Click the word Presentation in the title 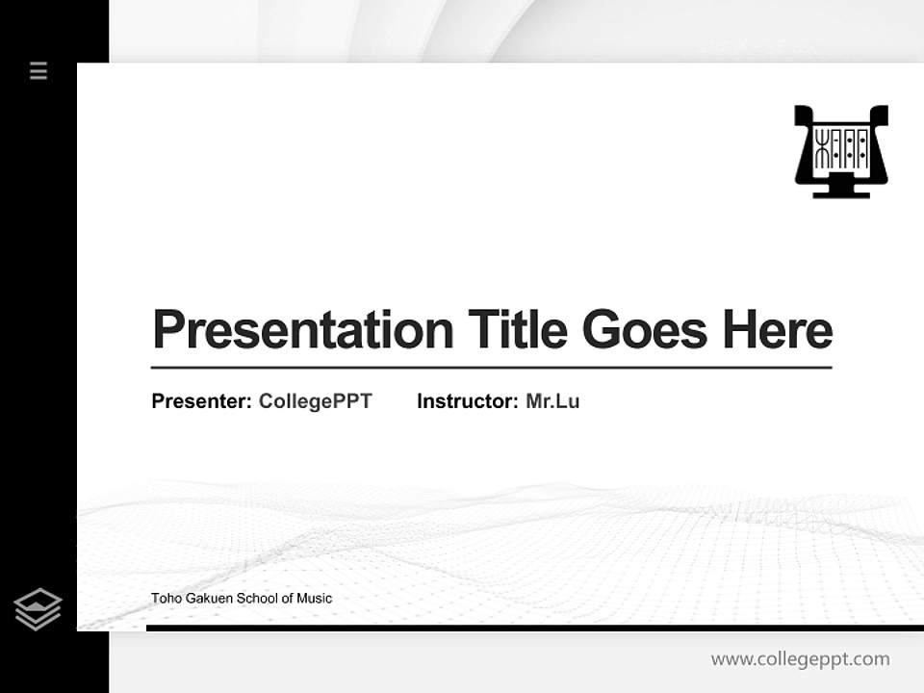[302, 330]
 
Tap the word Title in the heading [517, 330]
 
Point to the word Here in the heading [778, 330]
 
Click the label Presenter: [201, 401]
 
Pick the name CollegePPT [315, 401]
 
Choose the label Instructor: [467, 401]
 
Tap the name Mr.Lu [552, 401]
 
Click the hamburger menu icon [38, 70]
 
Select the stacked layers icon [38, 609]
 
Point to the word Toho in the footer [166, 599]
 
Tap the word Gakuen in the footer [210, 599]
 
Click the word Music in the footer [314, 599]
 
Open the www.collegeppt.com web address [800, 659]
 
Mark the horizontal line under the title [491, 368]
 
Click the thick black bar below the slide [534, 628]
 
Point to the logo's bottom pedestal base [840, 192]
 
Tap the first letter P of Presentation [167, 330]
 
